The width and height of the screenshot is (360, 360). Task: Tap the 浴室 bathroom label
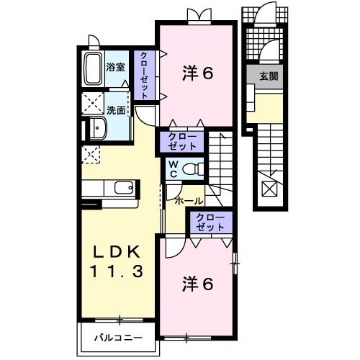coord(116,69)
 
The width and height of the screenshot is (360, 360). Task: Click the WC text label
coord(174,169)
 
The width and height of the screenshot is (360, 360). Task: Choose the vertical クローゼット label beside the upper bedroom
coord(145,76)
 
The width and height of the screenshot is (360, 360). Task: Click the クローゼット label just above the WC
coord(182,140)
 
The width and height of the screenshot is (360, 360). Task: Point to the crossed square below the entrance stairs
coord(269,189)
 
